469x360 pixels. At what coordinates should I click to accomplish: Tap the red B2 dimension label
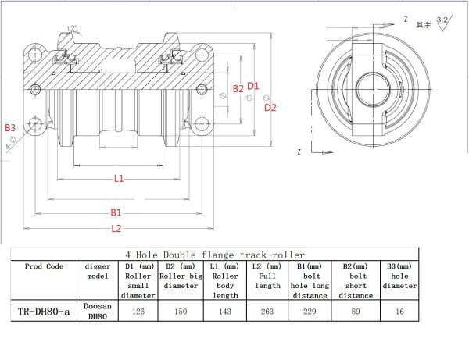(238, 89)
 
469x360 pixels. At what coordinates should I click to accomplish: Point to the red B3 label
(9, 127)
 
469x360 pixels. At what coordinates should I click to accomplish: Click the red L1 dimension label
(119, 178)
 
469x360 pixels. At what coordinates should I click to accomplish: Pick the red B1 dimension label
(116, 212)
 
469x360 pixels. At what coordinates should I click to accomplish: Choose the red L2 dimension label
(116, 228)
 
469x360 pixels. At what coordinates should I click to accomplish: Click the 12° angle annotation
(73, 29)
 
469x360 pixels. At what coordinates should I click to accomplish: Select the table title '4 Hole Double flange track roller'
(215, 255)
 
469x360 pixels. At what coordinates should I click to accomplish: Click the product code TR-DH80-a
(44, 312)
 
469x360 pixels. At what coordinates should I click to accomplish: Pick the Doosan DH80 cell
(98, 312)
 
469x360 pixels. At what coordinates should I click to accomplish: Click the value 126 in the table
(138, 312)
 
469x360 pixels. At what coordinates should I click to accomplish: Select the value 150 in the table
(180, 312)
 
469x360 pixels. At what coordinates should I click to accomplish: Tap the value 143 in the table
(225, 312)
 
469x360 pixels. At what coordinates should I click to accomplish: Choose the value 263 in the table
(267, 312)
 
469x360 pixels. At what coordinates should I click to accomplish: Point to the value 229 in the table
(311, 312)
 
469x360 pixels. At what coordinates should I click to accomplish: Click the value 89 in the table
(358, 312)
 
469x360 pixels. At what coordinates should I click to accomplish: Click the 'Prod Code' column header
(44, 266)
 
